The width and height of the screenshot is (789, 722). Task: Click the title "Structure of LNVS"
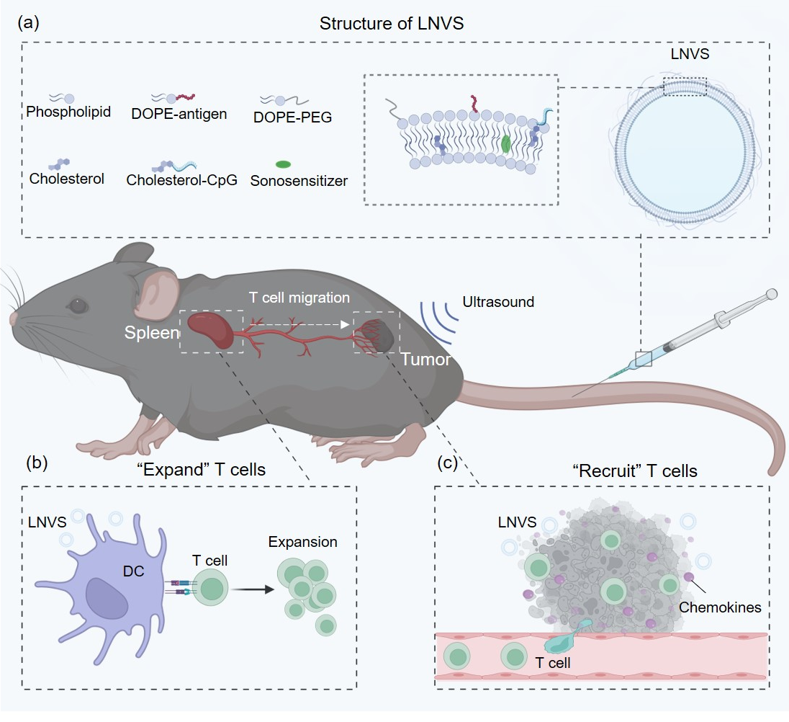pos(392,24)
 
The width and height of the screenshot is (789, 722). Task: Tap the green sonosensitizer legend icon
pos(284,164)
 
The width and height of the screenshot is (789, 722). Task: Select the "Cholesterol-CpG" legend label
pos(181,180)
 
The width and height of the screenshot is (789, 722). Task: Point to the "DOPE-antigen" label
pos(179,114)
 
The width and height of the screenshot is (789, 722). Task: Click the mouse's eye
pos(78,306)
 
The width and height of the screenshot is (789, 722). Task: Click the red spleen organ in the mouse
pos(211,330)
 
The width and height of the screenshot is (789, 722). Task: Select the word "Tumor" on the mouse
pos(425,360)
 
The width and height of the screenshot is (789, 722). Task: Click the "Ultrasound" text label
pos(498,302)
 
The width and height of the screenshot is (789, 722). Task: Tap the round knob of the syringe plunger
pos(772,293)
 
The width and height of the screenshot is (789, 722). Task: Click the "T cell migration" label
pos(299,298)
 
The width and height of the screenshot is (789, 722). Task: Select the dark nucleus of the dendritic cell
pos(106,598)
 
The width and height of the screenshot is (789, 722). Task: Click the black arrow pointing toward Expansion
pos(253,589)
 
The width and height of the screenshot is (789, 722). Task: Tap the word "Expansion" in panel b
pos(302,542)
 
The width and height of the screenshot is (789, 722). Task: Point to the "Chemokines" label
pos(720,607)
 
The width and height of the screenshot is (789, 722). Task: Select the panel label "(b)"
pos(37,462)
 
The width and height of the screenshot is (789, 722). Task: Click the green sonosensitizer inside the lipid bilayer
pos(505,143)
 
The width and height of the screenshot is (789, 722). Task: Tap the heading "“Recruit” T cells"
pos(635,471)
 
